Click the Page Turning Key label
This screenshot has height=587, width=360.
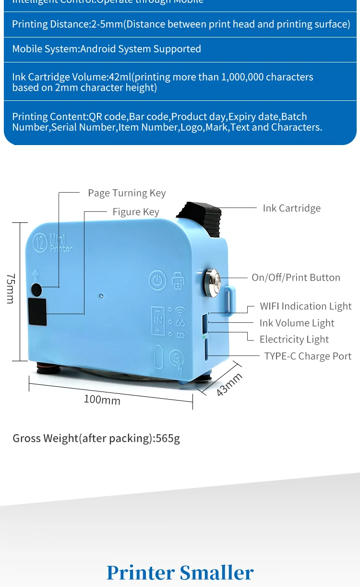point(127,193)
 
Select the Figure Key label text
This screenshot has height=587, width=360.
point(136,212)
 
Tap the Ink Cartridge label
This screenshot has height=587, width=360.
point(291,208)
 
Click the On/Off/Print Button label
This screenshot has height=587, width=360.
point(296,278)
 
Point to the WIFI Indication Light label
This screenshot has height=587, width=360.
point(305,306)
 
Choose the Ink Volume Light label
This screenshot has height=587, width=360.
point(297,323)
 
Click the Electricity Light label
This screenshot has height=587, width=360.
point(294,340)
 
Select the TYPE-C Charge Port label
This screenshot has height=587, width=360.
point(308,356)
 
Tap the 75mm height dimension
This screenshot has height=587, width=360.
point(11,288)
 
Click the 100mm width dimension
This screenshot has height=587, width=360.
point(102,399)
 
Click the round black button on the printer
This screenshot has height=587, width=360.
point(37,289)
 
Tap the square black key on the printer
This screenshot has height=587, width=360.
point(37,312)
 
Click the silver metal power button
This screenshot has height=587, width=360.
point(212,278)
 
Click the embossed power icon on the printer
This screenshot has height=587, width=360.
point(157,280)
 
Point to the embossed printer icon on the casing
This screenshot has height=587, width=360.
point(178,280)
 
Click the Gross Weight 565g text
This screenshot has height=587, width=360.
point(96,438)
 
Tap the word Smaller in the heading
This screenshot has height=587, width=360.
point(216,573)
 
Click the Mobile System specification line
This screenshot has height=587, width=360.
point(107,49)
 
